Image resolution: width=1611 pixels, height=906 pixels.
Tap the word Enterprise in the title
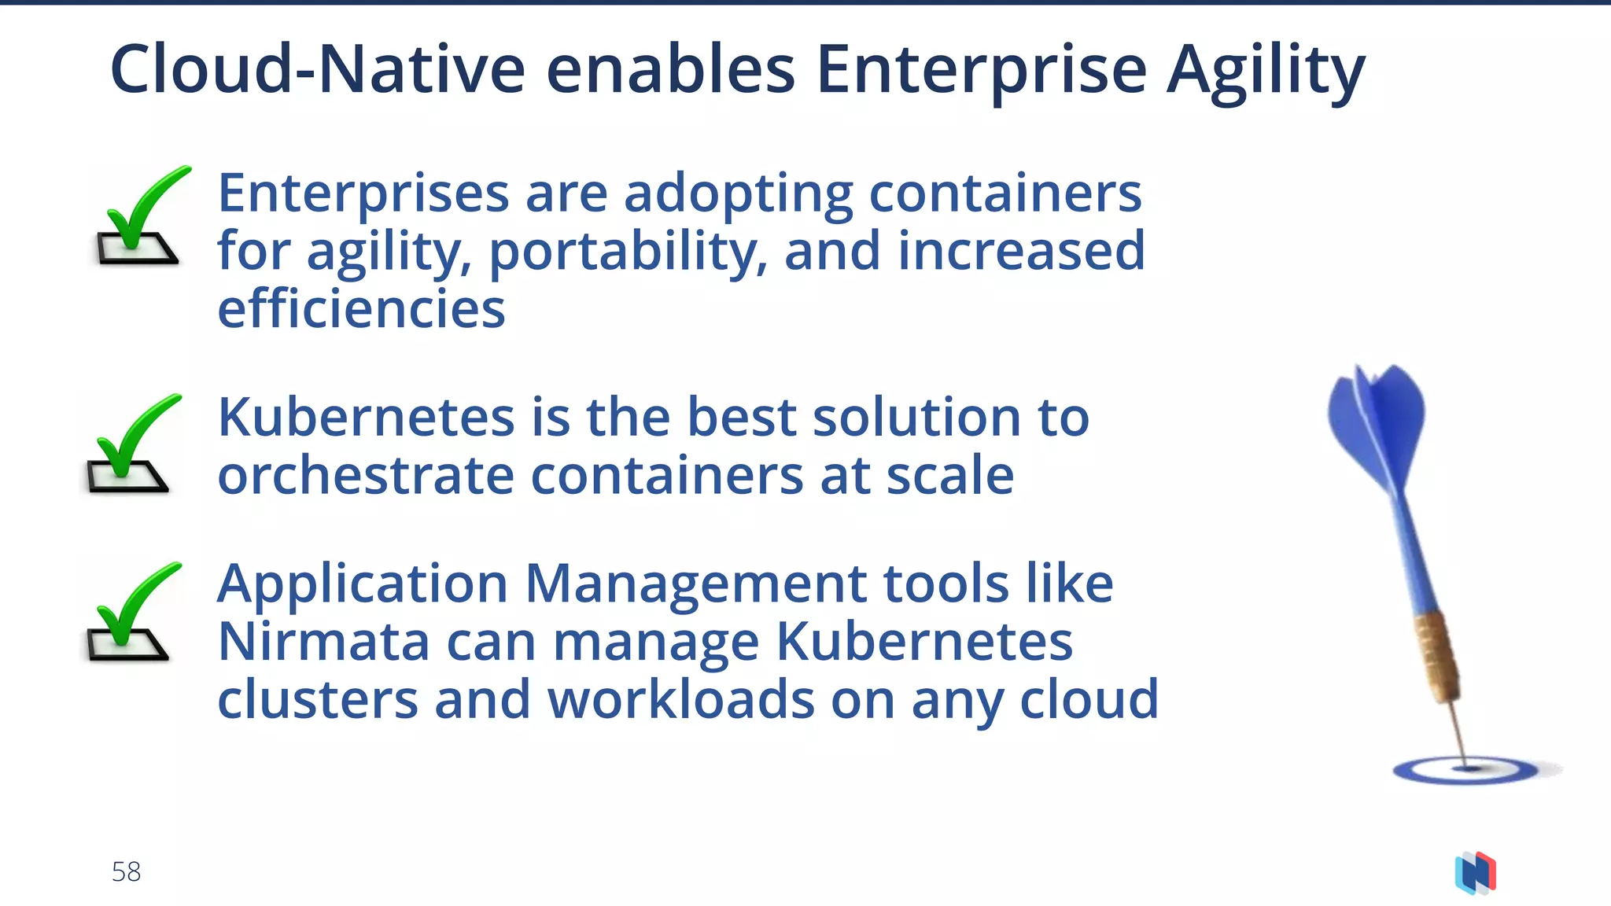point(981,71)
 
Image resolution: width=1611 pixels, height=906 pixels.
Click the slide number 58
point(126,871)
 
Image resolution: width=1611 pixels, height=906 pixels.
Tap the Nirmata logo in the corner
point(1476,873)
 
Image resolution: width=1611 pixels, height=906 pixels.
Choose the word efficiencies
point(361,309)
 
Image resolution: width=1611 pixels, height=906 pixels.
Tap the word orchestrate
point(366,475)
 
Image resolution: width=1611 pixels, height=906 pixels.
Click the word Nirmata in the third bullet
point(323,641)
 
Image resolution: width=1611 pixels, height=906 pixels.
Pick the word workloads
point(680,699)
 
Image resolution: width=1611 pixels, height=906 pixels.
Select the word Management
point(695,584)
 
